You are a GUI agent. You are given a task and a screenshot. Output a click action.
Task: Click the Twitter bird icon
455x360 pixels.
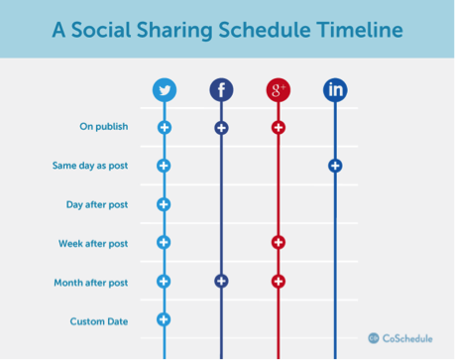[x=165, y=91]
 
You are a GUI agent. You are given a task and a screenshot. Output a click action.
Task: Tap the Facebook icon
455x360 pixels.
[x=221, y=91]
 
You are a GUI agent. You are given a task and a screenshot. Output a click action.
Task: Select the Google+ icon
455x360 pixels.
[x=278, y=91]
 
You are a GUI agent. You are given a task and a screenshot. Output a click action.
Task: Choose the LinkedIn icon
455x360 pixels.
[x=335, y=91]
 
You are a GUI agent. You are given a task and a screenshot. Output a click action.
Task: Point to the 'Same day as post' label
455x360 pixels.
[x=92, y=166]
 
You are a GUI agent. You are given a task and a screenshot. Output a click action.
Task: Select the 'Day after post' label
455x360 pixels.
[x=98, y=204]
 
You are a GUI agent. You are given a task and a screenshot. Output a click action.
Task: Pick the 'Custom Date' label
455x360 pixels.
[x=99, y=320]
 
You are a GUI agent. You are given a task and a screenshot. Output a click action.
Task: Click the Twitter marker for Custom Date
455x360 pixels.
[x=165, y=319]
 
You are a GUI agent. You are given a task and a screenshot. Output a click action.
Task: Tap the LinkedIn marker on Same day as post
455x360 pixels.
[x=335, y=166]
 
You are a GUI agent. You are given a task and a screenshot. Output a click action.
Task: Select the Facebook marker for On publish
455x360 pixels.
[x=221, y=128]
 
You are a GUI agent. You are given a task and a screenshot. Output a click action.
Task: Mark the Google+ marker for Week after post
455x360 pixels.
[x=278, y=243]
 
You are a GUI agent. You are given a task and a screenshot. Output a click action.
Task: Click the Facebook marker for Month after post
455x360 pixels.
[x=221, y=282]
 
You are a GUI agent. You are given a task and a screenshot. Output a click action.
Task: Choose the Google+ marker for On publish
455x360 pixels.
[x=278, y=128]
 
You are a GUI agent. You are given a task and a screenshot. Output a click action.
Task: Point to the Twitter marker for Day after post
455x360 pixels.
[x=165, y=204]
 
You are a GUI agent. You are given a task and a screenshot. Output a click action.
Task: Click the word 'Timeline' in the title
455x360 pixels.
[x=358, y=30]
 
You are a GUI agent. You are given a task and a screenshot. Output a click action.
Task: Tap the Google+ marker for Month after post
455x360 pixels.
[x=278, y=282]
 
